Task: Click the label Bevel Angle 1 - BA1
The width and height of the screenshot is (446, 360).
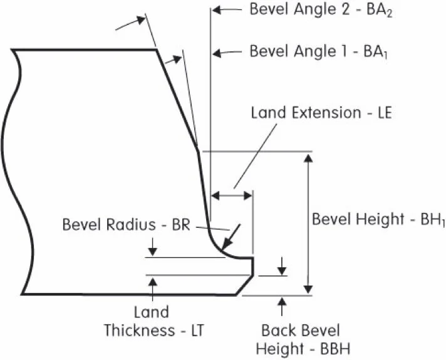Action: tap(320, 51)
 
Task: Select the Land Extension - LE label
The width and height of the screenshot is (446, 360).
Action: tap(321, 113)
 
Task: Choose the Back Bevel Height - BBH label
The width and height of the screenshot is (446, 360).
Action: tap(300, 339)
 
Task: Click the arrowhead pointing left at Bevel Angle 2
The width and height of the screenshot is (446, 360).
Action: tap(218, 10)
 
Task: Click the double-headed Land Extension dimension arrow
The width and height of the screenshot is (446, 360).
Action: tap(231, 195)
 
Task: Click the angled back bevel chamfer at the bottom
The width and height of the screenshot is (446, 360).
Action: tap(245, 285)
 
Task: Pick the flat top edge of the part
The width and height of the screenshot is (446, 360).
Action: tap(85, 49)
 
